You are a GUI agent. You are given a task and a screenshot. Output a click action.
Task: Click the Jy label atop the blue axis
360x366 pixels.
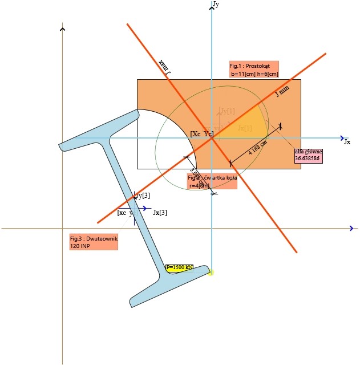coord(216,4)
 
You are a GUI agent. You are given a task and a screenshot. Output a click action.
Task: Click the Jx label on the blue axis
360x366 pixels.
coord(347,142)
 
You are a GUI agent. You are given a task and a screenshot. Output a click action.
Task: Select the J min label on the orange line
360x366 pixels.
coord(282,91)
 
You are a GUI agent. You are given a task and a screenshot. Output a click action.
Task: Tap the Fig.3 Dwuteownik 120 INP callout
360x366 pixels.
coord(94,242)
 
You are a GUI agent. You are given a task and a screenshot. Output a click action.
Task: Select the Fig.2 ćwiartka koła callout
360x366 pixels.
coord(212,182)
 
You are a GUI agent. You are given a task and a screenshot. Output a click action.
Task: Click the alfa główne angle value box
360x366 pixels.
coord(309,156)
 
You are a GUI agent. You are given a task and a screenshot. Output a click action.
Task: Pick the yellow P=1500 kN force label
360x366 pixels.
coord(180,267)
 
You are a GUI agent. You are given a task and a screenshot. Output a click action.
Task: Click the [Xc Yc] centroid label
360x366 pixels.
coord(202,133)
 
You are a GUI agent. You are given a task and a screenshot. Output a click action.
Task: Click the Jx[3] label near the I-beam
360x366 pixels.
coord(160,213)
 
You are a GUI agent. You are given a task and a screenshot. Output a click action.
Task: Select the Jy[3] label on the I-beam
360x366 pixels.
coord(143,196)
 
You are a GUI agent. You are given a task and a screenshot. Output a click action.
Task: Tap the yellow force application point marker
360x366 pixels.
coord(211,273)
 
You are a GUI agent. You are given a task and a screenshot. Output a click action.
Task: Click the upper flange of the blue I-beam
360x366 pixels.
coord(100,131)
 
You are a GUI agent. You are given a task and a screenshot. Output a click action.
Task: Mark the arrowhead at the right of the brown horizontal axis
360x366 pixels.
coord(352,228)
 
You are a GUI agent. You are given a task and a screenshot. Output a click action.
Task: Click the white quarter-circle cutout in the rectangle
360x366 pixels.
coord(171,143)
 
